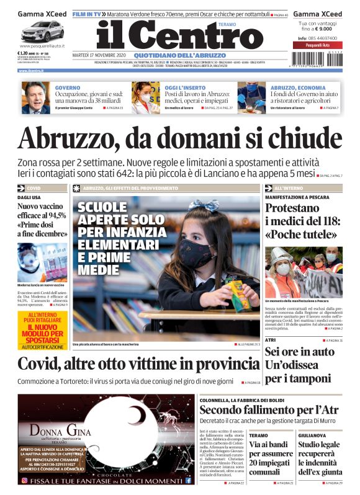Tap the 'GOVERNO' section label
point(68,87)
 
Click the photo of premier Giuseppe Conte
point(37,97)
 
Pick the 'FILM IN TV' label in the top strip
point(87,13)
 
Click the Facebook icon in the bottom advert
point(188,480)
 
